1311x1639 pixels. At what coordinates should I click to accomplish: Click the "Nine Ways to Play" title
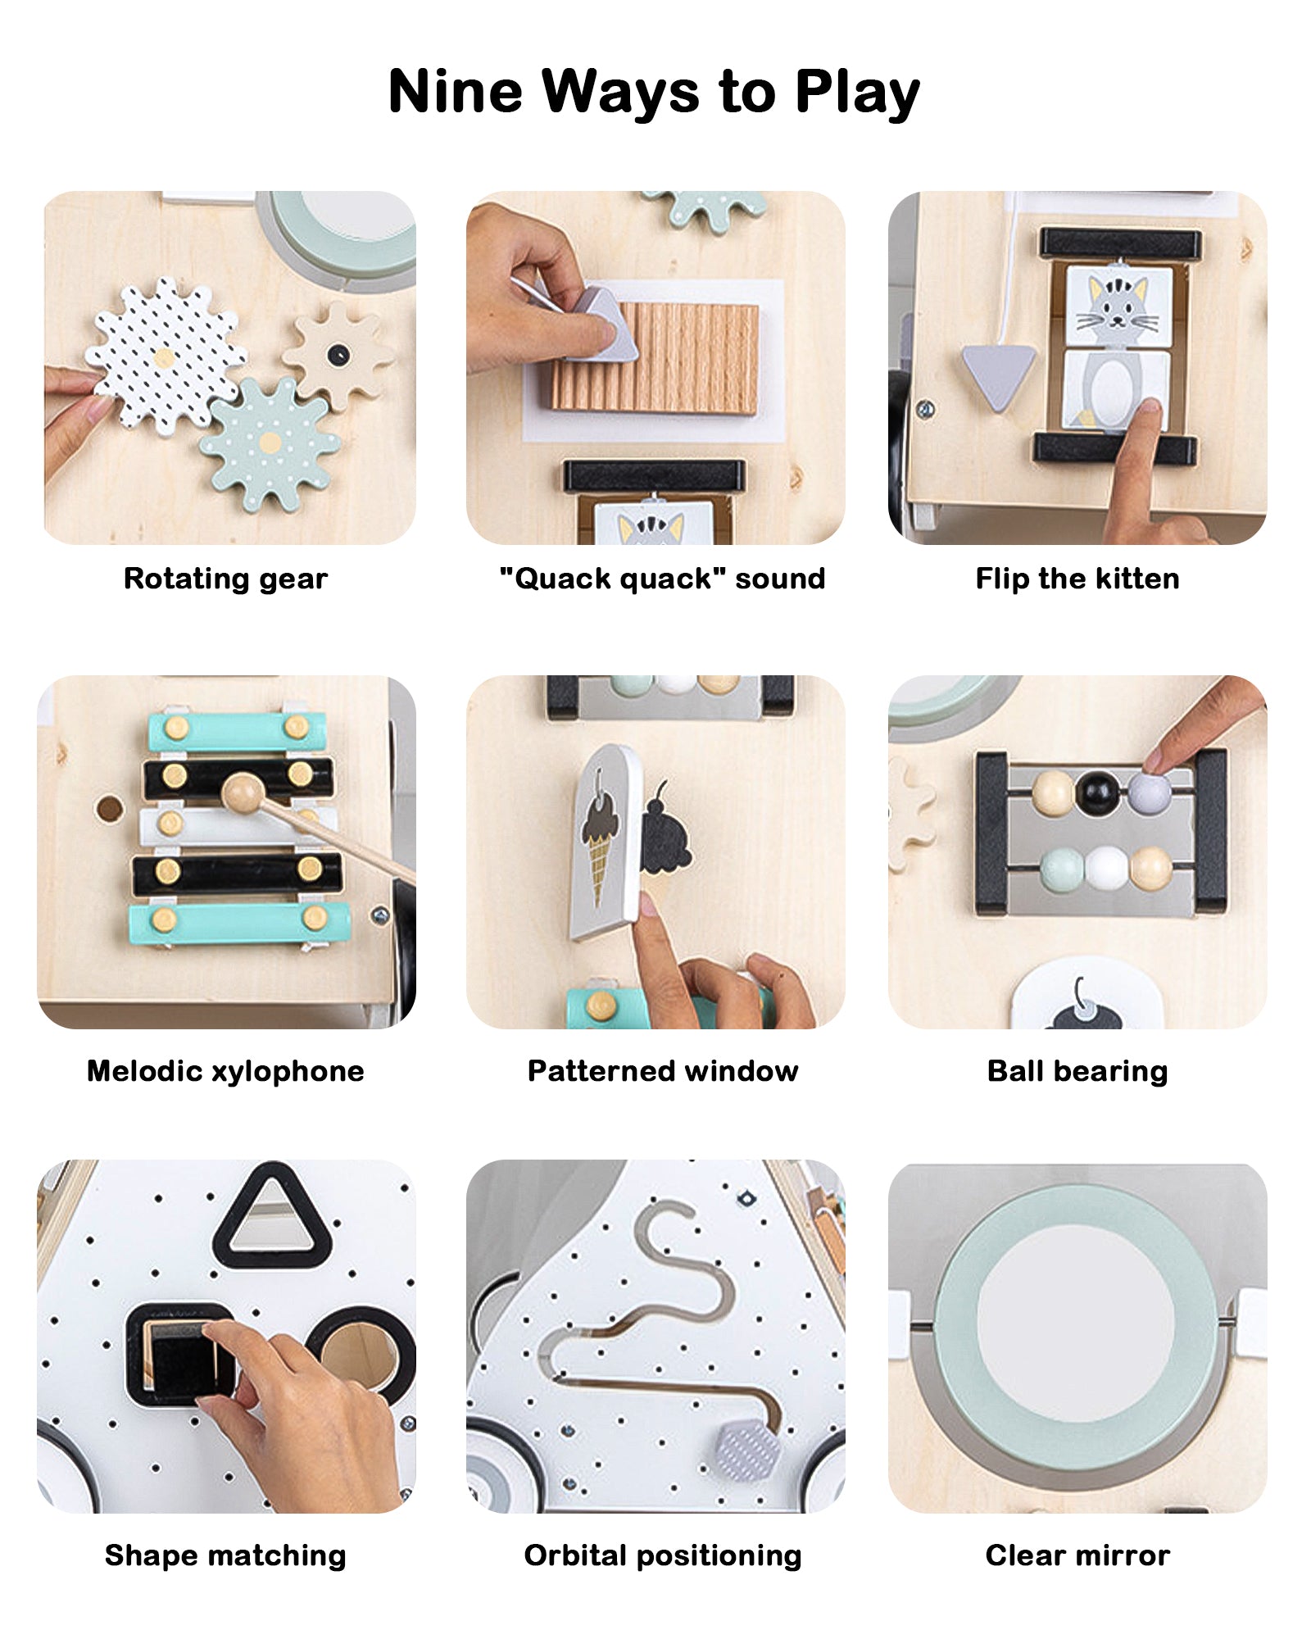(654, 92)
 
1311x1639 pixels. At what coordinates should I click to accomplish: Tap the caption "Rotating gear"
(225, 579)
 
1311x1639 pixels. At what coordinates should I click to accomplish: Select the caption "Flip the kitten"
(1077, 579)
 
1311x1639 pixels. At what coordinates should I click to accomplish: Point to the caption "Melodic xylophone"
(225, 1071)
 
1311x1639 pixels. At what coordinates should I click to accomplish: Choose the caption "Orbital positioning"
(663, 1555)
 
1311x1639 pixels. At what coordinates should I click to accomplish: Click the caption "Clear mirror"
(1077, 1555)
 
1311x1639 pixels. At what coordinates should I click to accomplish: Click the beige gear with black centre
(337, 356)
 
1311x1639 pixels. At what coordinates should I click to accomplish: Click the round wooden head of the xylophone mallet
(243, 794)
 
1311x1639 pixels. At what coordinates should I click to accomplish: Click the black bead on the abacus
(1097, 792)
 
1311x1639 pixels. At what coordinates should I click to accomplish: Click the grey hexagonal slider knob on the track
(748, 1451)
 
